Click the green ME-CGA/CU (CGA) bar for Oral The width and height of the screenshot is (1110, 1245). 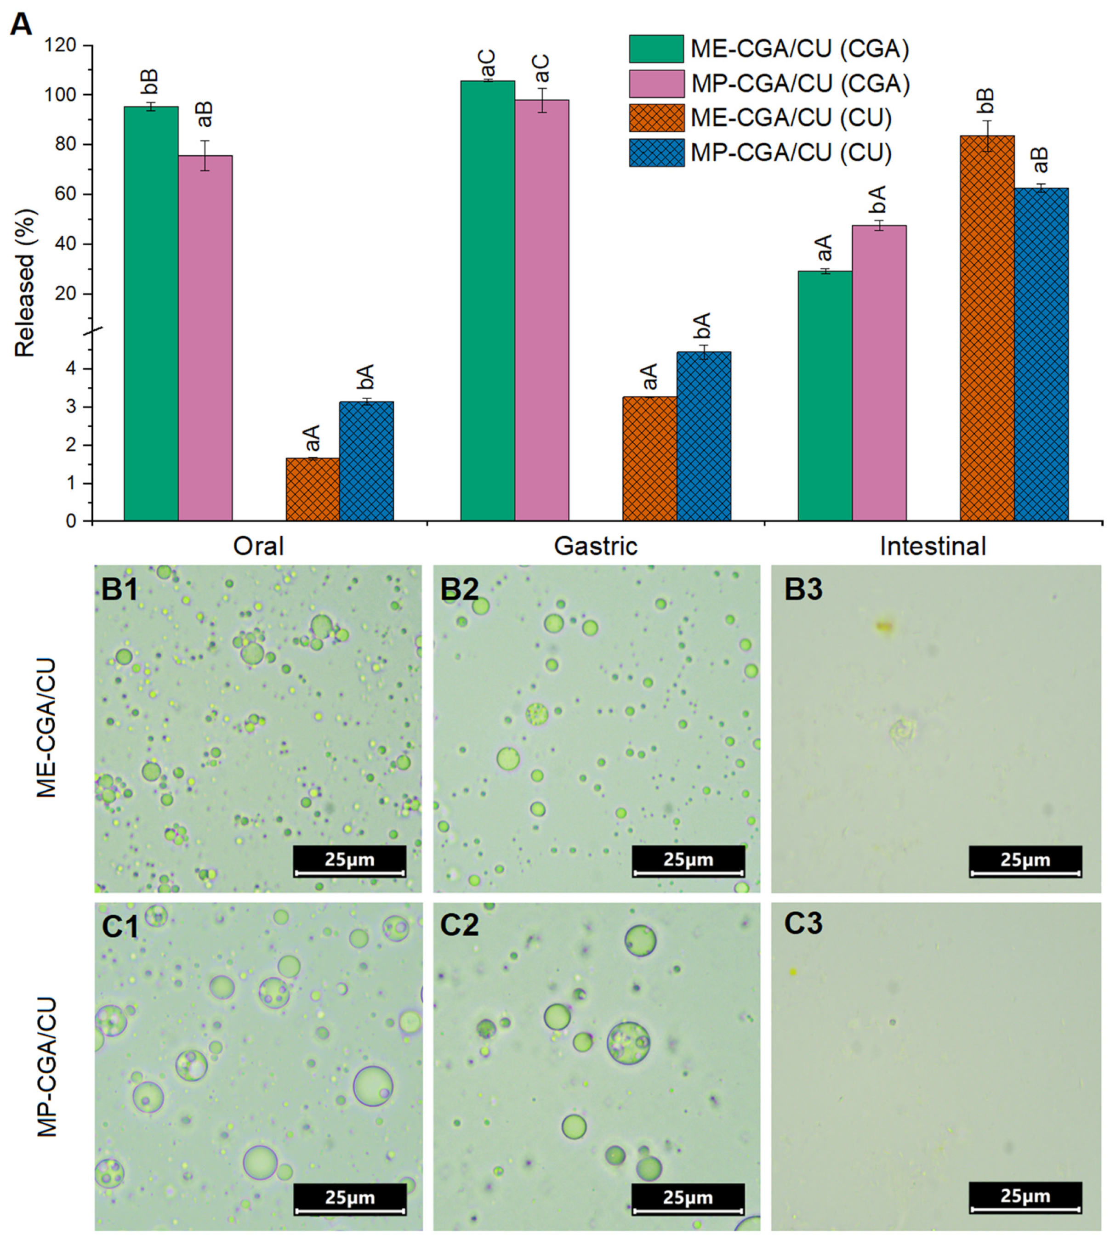151,313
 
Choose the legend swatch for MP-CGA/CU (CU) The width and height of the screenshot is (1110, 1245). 656,153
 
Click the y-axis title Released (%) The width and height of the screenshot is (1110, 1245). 26,283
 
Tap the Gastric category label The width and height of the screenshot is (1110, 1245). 595,546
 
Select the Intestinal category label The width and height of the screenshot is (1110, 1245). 933,546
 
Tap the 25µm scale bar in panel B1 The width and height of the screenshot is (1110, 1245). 349,861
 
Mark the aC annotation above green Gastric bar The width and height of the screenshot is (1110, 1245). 488,65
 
